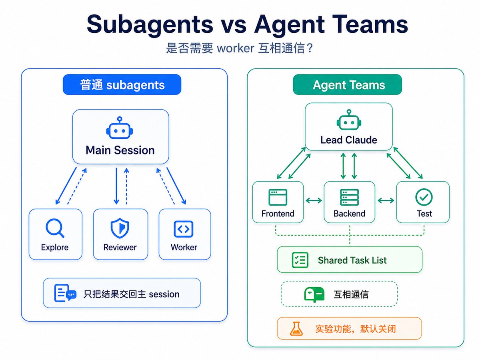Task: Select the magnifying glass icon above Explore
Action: [55, 228]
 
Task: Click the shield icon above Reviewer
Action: [120, 228]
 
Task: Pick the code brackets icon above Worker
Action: [183, 229]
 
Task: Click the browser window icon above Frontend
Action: [278, 197]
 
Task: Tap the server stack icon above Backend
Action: [349, 197]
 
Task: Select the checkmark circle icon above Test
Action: [424, 197]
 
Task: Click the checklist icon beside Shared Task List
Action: [300, 260]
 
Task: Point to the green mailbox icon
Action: [314, 294]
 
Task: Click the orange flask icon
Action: [296, 328]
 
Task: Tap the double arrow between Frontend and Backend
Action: [314, 200]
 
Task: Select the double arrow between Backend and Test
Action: [386, 200]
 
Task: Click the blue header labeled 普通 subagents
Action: [122, 84]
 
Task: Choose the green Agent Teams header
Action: [347, 84]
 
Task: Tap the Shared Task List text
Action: [352, 260]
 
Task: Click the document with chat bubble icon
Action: [65, 293]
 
